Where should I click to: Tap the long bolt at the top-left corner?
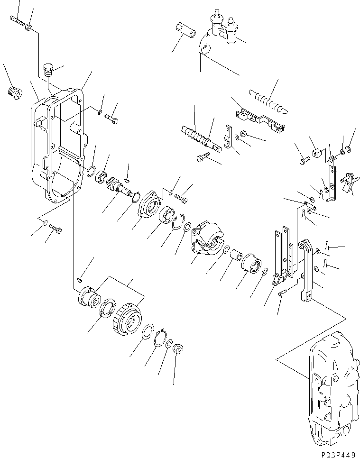coord(17,20)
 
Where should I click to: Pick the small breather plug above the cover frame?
coord(47,69)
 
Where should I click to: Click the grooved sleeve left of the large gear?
coord(89,296)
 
